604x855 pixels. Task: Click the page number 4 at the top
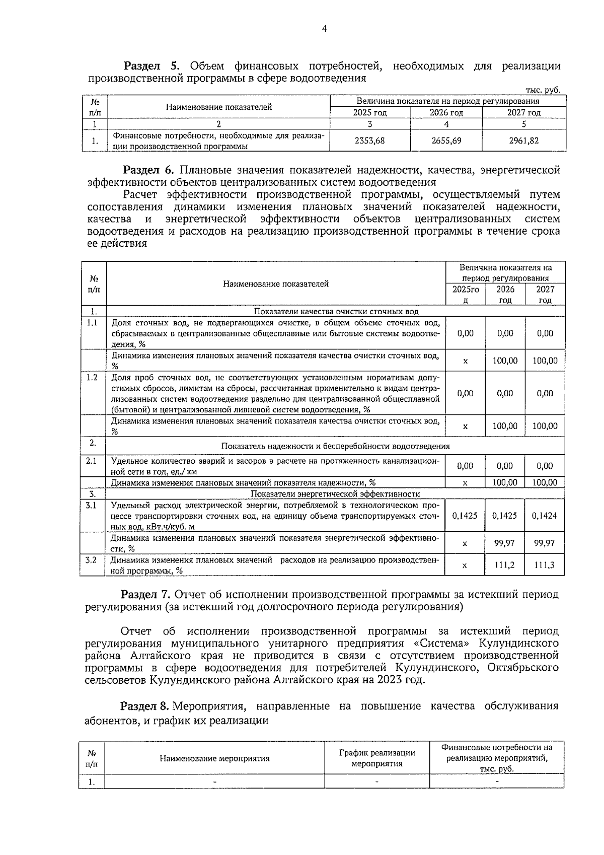point(324,29)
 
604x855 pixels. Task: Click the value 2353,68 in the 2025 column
point(369,141)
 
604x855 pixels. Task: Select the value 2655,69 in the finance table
point(446,141)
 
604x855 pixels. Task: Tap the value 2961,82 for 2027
point(523,141)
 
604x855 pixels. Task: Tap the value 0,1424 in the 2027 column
point(545,516)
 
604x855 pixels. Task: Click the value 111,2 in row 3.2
point(505,565)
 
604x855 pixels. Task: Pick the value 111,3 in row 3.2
point(545,565)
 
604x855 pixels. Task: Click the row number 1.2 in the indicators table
point(92,378)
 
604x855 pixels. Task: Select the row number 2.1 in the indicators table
point(92,460)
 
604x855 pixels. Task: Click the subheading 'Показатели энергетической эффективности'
point(335,494)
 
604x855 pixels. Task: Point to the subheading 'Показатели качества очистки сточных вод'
point(336,312)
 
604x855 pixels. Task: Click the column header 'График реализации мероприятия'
point(377,758)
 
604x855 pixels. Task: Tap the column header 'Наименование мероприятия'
point(215,759)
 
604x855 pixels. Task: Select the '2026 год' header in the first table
point(446,113)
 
